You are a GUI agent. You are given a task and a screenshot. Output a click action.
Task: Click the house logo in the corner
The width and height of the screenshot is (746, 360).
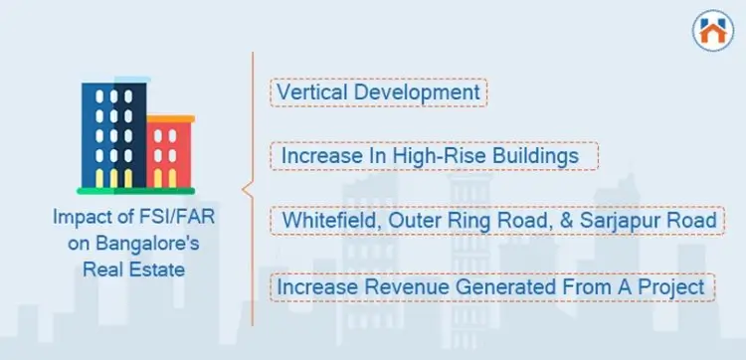(x=709, y=30)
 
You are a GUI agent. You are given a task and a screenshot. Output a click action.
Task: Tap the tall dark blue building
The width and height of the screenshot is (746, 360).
(x=111, y=133)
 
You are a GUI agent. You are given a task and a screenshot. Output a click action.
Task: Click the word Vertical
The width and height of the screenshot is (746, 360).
(x=308, y=92)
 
